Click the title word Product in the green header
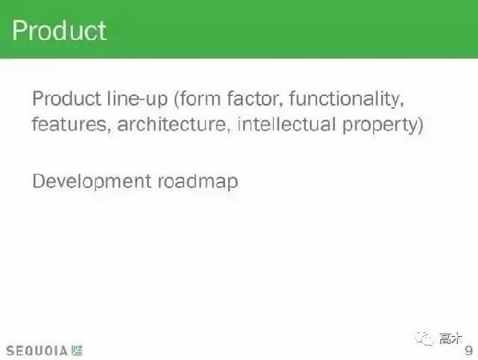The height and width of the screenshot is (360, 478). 59,31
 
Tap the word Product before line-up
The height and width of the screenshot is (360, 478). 66,100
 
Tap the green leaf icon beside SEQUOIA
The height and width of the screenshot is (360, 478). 77,350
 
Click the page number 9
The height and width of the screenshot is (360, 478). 468,350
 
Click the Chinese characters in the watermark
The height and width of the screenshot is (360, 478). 450,339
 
